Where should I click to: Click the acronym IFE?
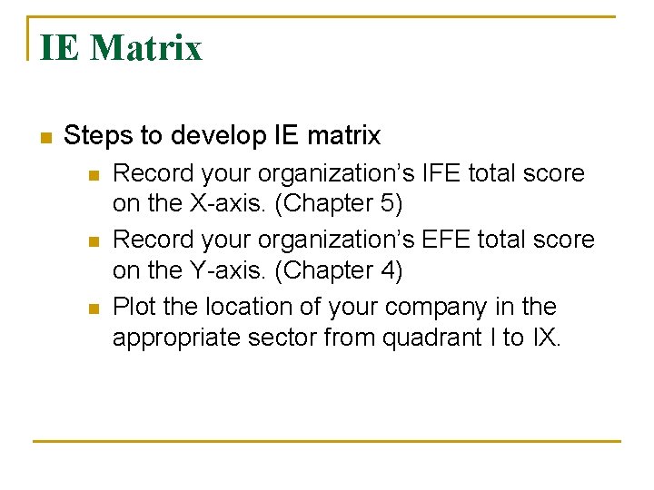pyautogui.click(x=441, y=172)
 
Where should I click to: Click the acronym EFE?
pyautogui.click(x=444, y=240)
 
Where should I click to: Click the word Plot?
pyautogui.click(x=134, y=307)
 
